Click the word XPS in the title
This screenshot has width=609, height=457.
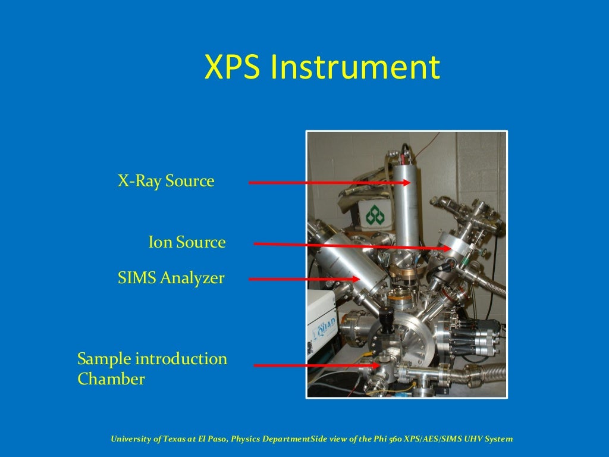(232, 67)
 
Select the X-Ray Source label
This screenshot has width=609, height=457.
(165, 181)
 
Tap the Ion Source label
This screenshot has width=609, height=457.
(187, 242)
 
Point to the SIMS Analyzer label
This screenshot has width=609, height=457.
(171, 277)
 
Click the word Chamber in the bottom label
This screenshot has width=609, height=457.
(111, 379)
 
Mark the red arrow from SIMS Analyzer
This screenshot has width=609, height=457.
(303, 278)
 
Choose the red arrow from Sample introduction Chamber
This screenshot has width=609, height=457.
(315, 365)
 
